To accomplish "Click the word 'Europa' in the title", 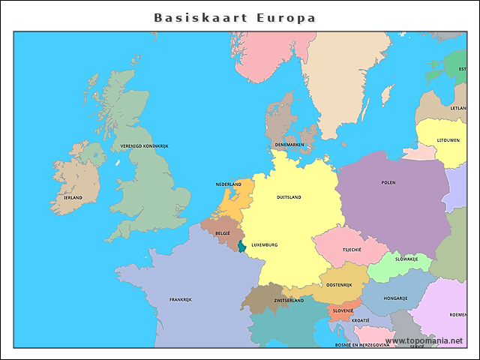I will click(x=286, y=17).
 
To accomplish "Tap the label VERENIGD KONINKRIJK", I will click(x=145, y=145).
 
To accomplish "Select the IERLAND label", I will click(x=73, y=197).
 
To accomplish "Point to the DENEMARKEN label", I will click(x=289, y=144).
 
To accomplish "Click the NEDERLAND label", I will click(x=229, y=184).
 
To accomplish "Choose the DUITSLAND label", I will click(x=289, y=197).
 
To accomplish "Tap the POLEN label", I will click(x=388, y=182).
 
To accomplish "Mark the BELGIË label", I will click(x=223, y=233).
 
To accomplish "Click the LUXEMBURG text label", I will click(x=265, y=244).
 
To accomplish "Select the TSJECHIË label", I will click(x=352, y=249).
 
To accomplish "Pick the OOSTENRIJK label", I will click(x=339, y=284).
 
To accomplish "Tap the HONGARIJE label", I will click(x=395, y=298).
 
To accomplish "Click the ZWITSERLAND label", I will click(x=289, y=300).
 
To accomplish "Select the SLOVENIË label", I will click(x=343, y=310).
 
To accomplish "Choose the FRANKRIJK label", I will click(x=181, y=299).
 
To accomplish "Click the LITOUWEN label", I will click(x=448, y=140).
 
